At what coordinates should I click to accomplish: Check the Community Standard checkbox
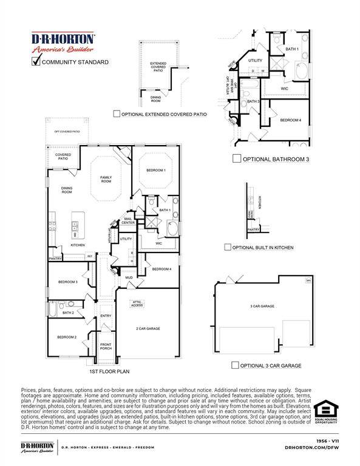click(x=36, y=61)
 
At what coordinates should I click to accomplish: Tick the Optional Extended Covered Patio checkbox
click(x=117, y=113)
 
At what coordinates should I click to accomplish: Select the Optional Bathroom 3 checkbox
click(x=237, y=159)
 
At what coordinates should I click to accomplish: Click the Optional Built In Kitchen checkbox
click(x=228, y=247)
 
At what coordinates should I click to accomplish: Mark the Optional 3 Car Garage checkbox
click(x=234, y=365)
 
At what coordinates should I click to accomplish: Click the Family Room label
click(x=106, y=179)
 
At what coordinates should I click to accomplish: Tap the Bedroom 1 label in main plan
click(x=156, y=171)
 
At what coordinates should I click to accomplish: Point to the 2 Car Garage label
click(x=148, y=328)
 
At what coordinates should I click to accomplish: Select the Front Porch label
click(x=106, y=346)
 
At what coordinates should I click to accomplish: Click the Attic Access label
click(x=137, y=303)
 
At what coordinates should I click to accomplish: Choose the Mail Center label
click(x=129, y=221)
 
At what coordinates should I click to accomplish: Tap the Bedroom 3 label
click(x=67, y=282)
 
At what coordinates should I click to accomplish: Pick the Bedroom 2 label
click(x=66, y=337)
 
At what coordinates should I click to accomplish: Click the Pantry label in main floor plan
click(x=55, y=258)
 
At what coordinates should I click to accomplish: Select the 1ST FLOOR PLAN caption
click(x=109, y=371)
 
